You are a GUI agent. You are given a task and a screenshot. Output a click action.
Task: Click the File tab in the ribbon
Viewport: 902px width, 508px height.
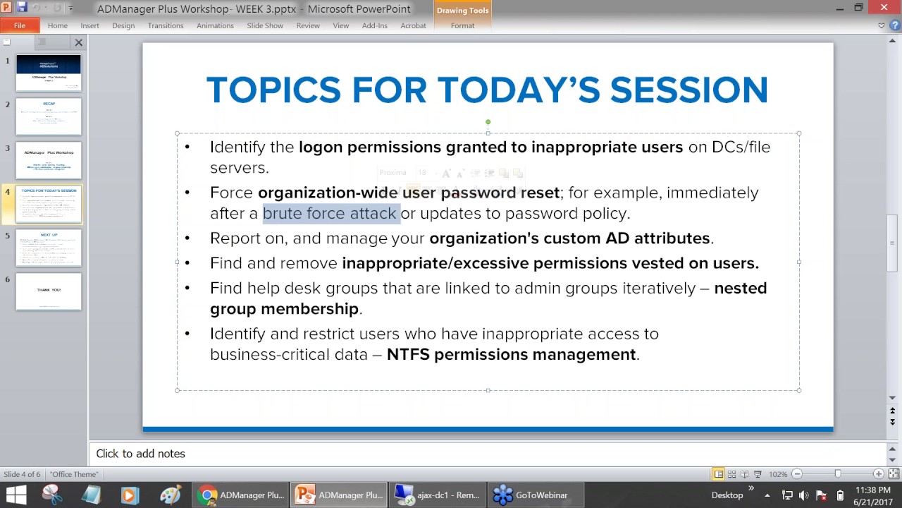tap(19, 25)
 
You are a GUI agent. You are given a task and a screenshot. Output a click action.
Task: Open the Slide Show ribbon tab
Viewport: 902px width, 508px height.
tap(264, 25)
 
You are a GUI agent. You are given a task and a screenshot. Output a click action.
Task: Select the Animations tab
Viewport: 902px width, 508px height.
tap(215, 25)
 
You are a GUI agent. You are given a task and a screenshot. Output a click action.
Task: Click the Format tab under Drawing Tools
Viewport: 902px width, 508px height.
tap(462, 25)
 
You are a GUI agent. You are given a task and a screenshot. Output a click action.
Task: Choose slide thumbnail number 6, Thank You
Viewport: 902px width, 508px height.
tap(49, 291)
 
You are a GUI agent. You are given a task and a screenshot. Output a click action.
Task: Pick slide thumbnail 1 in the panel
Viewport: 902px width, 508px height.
tap(49, 73)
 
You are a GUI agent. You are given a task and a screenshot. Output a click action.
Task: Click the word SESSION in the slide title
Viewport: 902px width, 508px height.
tap(688, 90)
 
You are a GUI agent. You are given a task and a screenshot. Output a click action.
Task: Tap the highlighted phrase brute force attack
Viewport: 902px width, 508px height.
tap(329, 213)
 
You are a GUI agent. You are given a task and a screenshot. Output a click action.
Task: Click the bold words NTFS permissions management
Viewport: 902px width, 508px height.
tap(511, 354)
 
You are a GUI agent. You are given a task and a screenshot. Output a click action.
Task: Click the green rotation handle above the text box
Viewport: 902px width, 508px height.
tap(488, 123)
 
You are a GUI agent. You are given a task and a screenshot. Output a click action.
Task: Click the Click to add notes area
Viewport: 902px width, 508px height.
tap(140, 454)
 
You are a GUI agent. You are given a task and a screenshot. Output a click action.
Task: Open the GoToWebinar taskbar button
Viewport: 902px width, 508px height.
tap(532, 495)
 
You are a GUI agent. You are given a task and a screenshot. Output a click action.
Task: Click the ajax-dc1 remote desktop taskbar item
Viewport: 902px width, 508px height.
tap(437, 495)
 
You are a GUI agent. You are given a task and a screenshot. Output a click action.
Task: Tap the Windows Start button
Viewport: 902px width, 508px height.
tap(16, 495)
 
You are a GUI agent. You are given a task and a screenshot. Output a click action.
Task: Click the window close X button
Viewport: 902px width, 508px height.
tap(884, 8)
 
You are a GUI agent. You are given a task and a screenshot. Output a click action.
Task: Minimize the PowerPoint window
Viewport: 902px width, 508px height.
tap(839, 8)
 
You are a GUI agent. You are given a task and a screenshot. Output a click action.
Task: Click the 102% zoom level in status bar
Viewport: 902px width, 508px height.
tap(778, 474)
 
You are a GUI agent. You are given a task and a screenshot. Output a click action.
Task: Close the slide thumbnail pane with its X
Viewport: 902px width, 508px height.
tap(79, 42)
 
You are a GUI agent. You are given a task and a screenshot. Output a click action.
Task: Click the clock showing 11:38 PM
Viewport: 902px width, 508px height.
tap(872, 490)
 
